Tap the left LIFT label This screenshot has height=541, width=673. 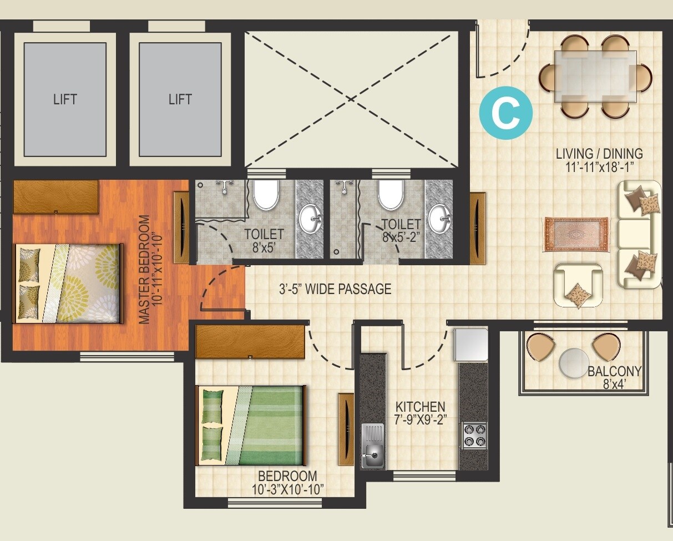coord(65,100)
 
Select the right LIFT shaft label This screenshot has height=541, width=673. coord(180,100)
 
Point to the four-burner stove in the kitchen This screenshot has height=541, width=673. coord(474,435)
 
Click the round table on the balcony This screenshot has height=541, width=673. coord(574,363)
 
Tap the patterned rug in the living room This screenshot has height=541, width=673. coord(575,234)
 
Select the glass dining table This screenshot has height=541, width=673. coord(595,76)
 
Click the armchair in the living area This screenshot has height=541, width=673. coord(578,285)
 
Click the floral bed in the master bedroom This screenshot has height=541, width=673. coord(68,283)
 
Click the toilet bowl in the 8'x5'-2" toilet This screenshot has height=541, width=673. coord(391,195)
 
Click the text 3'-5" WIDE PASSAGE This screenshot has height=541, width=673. coord(335,289)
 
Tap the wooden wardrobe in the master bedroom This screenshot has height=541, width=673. coord(55,196)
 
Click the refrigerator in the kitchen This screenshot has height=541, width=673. coord(471,345)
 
